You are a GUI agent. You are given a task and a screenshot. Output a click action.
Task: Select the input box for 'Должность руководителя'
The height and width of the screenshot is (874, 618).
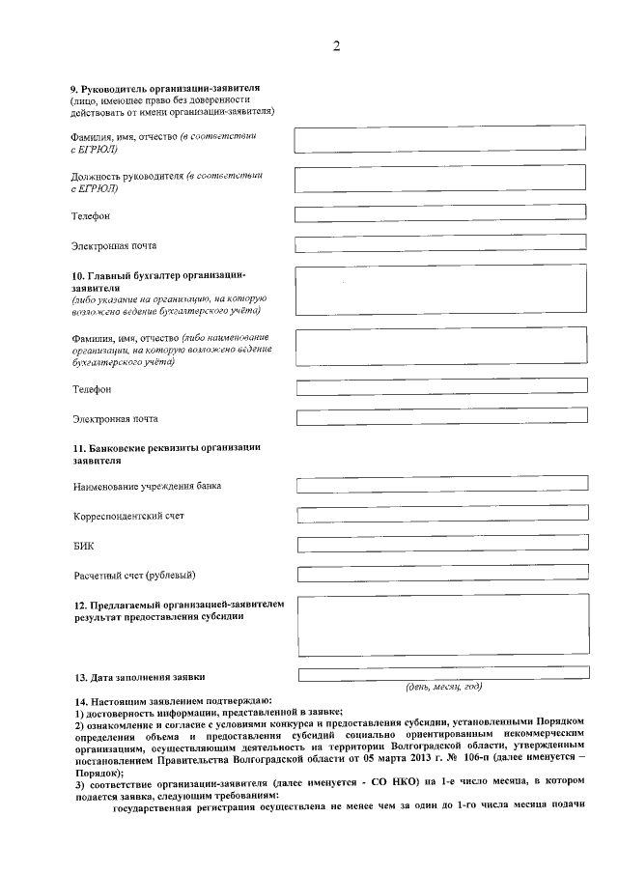(x=440, y=177)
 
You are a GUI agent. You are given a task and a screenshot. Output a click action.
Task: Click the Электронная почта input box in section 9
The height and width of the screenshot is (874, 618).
(x=440, y=244)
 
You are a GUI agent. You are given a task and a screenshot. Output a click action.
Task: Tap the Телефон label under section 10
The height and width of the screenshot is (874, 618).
(x=92, y=389)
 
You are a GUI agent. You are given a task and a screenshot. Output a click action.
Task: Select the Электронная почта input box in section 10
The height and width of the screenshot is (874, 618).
(x=441, y=417)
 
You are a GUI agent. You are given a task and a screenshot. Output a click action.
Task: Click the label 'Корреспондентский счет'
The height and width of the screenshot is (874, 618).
(x=128, y=516)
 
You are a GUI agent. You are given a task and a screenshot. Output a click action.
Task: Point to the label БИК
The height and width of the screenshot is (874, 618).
(x=83, y=546)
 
